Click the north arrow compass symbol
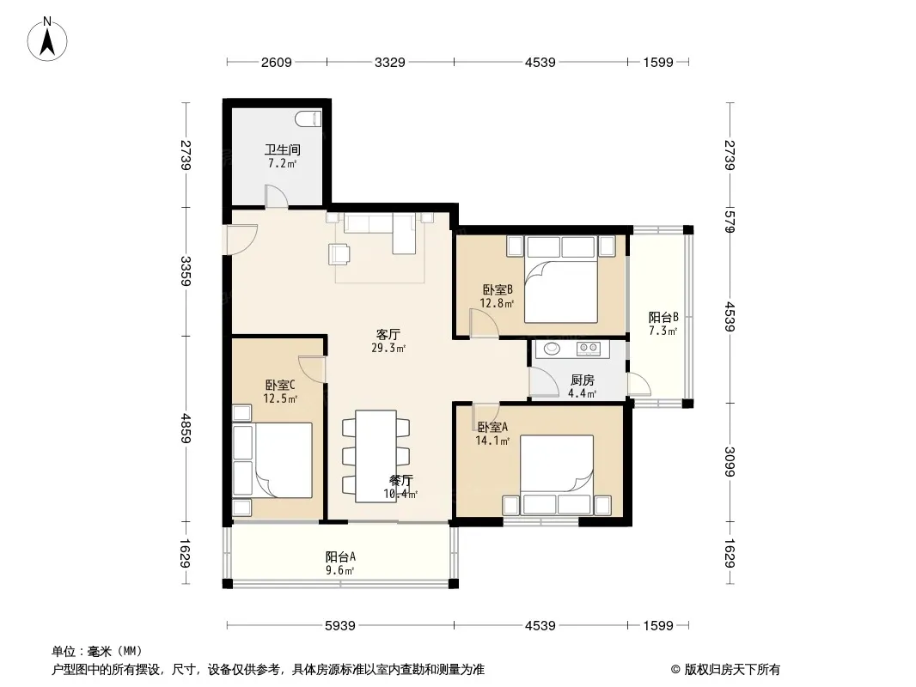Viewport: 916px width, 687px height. [47, 40]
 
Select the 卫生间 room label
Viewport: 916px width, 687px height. [283, 149]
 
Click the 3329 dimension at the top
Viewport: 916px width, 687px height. [389, 62]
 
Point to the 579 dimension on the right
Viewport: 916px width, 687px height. [730, 222]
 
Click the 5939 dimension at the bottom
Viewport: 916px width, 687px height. [340, 626]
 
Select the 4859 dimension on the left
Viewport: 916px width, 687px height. [186, 428]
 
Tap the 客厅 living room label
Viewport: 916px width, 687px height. [388, 334]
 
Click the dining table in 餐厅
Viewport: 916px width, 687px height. [376, 456]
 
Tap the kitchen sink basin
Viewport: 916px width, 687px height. [552, 349]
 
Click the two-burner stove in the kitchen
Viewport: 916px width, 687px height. [589, 349]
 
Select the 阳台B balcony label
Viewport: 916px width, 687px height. [663, 318]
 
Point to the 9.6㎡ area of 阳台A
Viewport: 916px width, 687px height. [340, 570]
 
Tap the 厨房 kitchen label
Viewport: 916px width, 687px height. [583, 380]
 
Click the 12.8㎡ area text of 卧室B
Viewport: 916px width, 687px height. [497, 303]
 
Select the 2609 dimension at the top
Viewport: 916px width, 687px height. [277, 62]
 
